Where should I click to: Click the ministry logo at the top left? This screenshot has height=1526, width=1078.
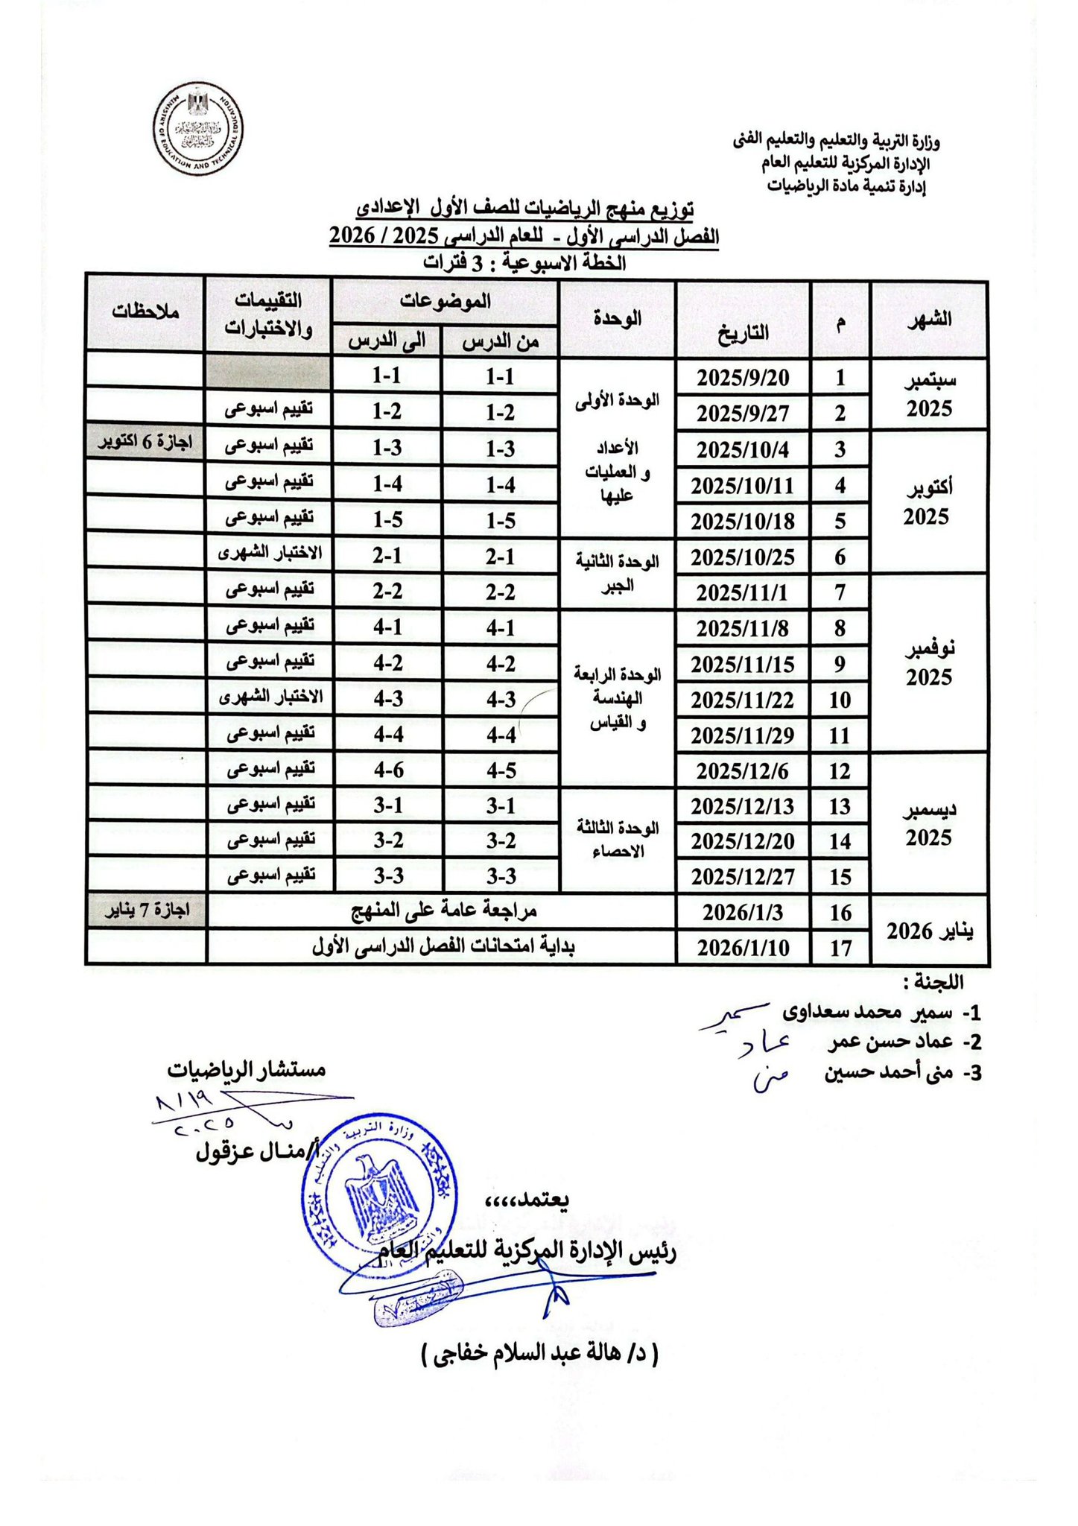pos(199,130)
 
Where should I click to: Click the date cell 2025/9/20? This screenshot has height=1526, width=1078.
pos(743,378)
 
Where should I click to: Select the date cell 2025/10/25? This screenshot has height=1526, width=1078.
pos(743,557)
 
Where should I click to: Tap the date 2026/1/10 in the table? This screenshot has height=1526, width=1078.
pos(743,948)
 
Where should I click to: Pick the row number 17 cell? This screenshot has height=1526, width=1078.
pos(840,948)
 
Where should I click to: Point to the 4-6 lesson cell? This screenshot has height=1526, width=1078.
pos(388,770)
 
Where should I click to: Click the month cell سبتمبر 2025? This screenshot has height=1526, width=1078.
pos(929,394)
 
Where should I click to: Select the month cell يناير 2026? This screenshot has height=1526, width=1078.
pos(930,931)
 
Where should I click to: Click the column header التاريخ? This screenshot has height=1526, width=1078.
pos(743,332)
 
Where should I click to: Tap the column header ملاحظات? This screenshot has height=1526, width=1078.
pos(145,311)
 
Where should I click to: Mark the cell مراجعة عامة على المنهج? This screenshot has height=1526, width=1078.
pos(444,911)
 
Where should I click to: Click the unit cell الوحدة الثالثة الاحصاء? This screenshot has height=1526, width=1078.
pos(618,840)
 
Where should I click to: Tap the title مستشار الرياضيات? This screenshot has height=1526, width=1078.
pos(247,1069)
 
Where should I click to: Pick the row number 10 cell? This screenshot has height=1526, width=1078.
pos(840,700)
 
